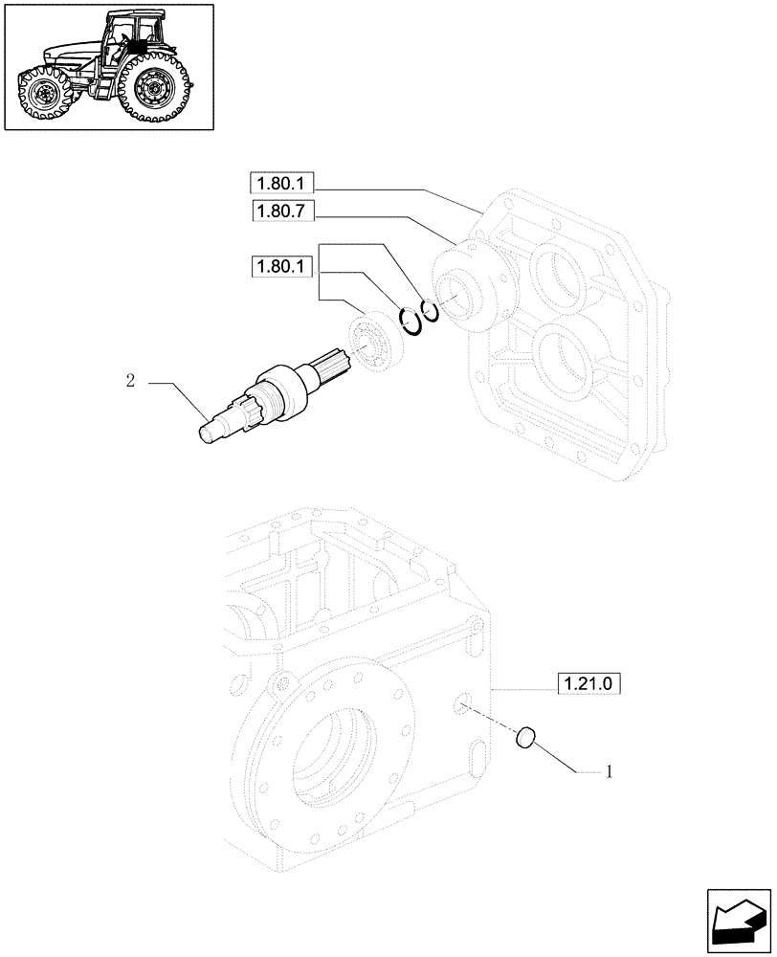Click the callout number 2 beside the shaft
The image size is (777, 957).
click(129, 381)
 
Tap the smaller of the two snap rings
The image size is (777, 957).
click(431, 311)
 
